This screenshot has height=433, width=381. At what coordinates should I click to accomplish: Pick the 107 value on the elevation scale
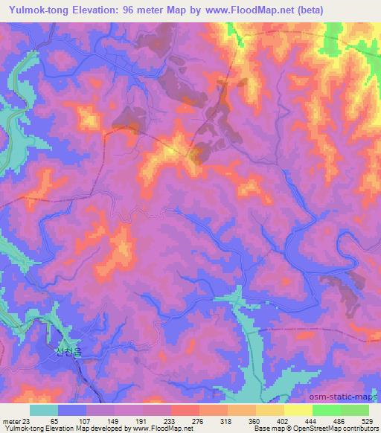tap(88, 421)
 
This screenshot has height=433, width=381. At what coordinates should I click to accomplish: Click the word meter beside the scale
tap(10, 421)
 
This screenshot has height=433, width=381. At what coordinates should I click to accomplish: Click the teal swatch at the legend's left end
tap(44, 410)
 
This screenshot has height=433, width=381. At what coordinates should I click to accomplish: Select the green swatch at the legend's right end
tap(354, 410)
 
